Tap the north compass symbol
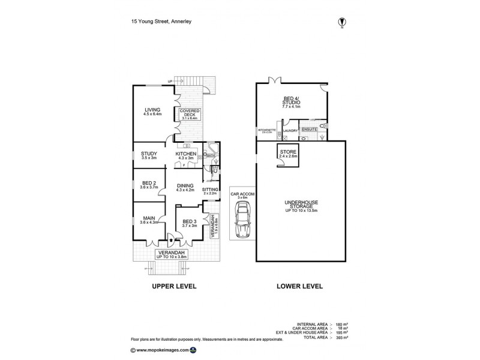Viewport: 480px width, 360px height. coord(342,22)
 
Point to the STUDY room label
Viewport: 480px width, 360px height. coord(149,156)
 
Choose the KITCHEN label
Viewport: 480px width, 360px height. coord(186,156)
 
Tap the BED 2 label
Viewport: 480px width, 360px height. coord(149,185)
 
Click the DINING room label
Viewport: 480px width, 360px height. coord(185,188)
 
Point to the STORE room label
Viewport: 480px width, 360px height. coord(289,154)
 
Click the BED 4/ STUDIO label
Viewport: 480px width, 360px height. coord(292,103)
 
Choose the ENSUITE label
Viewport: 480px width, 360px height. coord(310,129)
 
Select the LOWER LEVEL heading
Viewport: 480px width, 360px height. coord(299,286)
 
